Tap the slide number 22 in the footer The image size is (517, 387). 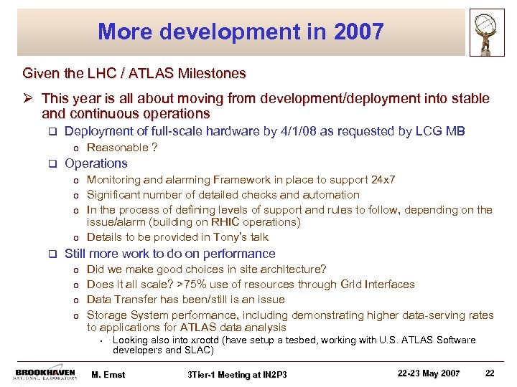pyautogui.click(x=490, y=373)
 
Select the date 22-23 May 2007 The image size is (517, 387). pyautogui.click(x=429, y=373)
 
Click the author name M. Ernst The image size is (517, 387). pyautogui.click(x=108, y=374)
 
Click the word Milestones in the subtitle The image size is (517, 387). pyautogui.click(x=215, y=73)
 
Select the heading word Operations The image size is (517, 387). pyautogui.click(x=96, y=163)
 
